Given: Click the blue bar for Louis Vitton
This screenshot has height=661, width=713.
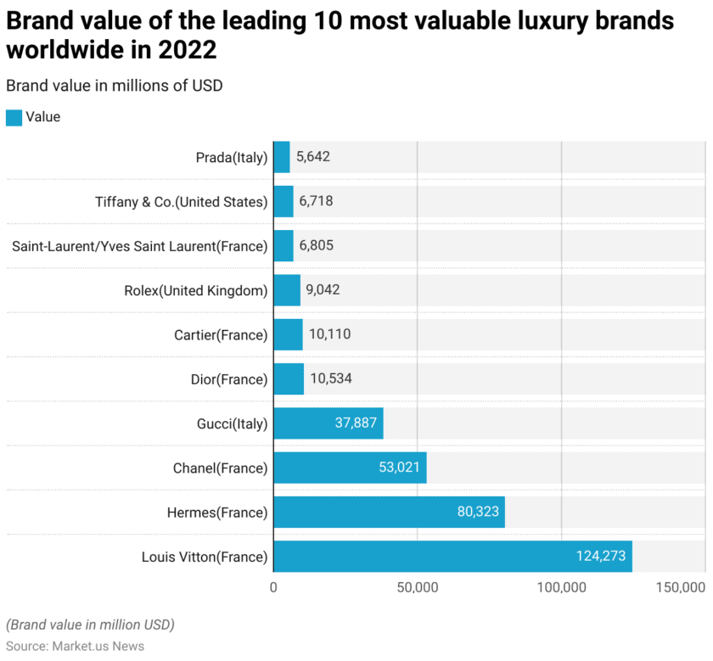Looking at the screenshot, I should tap(452, 557).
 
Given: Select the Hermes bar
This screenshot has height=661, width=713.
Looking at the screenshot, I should tap(389, 513).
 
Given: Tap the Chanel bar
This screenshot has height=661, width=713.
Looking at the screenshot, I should tap(350, 468).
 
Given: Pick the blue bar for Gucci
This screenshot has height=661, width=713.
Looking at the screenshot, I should tap(328, 423).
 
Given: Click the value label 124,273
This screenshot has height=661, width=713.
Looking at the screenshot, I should tap(601, 557).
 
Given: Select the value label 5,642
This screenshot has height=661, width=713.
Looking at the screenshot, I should tap(313, 157).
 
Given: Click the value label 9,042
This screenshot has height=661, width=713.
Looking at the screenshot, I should tap(323, 290).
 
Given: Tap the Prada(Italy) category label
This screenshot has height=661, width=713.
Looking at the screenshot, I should tap(231, 157).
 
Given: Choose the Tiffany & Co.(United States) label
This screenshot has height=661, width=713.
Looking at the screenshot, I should tap(181, 202).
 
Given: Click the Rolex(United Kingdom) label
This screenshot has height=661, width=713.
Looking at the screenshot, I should tap(195, 290).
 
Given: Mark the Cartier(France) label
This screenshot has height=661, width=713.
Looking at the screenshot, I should tap(221, 335).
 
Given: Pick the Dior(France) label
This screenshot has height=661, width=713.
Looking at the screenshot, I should tap(229, 379).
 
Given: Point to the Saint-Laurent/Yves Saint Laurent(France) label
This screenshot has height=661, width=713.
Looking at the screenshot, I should tap(139, 246).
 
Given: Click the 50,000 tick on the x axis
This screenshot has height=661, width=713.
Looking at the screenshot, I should tap(417, 588).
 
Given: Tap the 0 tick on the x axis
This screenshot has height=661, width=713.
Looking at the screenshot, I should tap(273, 588).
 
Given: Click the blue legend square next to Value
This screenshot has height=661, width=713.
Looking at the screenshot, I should tap(14, 117).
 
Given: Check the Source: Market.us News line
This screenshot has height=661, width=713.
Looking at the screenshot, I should tap(75, 646).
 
